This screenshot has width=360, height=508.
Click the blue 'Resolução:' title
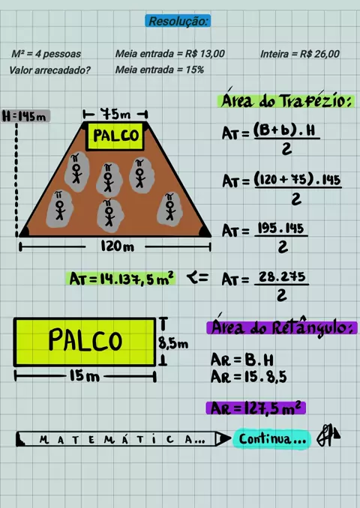click(178, 21)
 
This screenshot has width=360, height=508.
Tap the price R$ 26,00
click(319, 54)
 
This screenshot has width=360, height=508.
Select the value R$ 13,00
click(205, 53)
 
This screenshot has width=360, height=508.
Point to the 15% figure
click(195, 70)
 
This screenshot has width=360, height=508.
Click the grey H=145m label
click(25, 116)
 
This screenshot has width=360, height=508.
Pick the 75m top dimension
click(115, 114)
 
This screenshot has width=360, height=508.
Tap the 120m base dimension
click(117, 247)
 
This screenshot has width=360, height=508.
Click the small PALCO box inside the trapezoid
click(115, 136)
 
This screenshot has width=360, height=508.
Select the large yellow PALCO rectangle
click(85, 342)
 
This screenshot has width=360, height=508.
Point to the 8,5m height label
click(173, 343)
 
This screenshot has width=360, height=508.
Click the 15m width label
click(84, 376)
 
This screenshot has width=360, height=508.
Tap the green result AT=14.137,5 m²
click(122, 279)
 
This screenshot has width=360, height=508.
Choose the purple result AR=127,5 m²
click(256, 408)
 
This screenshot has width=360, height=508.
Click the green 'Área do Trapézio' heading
click(286, 100)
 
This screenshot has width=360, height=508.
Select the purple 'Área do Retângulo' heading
click(281, 327)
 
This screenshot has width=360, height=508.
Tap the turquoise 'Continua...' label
click(271, 439)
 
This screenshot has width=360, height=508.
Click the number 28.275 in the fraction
click(282, 277)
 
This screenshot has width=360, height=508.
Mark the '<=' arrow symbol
click(197, 278)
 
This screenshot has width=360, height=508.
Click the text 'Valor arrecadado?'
click(49, 70)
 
